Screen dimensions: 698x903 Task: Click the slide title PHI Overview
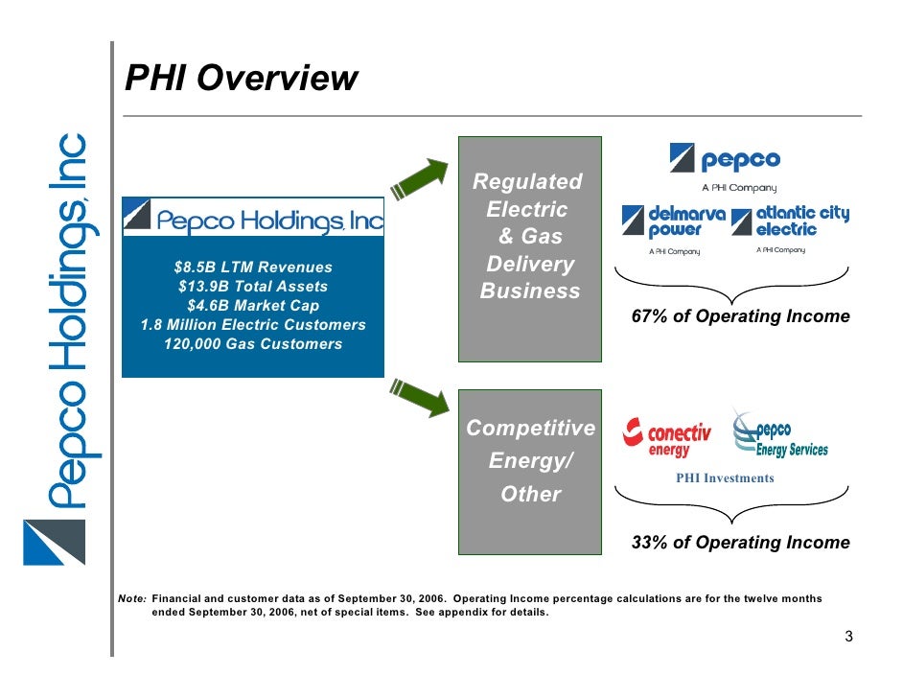pos(242,79)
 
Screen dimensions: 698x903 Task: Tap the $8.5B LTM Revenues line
pos(253,268)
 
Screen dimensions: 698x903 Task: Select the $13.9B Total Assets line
pos(253,287)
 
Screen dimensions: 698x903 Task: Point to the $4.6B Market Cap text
pos(253,306)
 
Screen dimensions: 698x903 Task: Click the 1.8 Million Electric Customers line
pos(253,325)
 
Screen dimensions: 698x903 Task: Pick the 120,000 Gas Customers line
pos(253,344)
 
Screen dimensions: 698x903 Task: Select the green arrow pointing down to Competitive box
pos(419,397)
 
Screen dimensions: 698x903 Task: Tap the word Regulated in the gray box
pos(528,182)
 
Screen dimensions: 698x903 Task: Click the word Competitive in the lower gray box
pos(530,428)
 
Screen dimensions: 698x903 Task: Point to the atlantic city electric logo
pos(790,221)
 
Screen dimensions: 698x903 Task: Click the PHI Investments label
pos(725,477)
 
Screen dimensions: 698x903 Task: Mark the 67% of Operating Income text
pos(740,316)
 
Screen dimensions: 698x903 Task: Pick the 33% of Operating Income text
pos(740,543)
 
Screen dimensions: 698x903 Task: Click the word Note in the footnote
pos(131,598)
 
